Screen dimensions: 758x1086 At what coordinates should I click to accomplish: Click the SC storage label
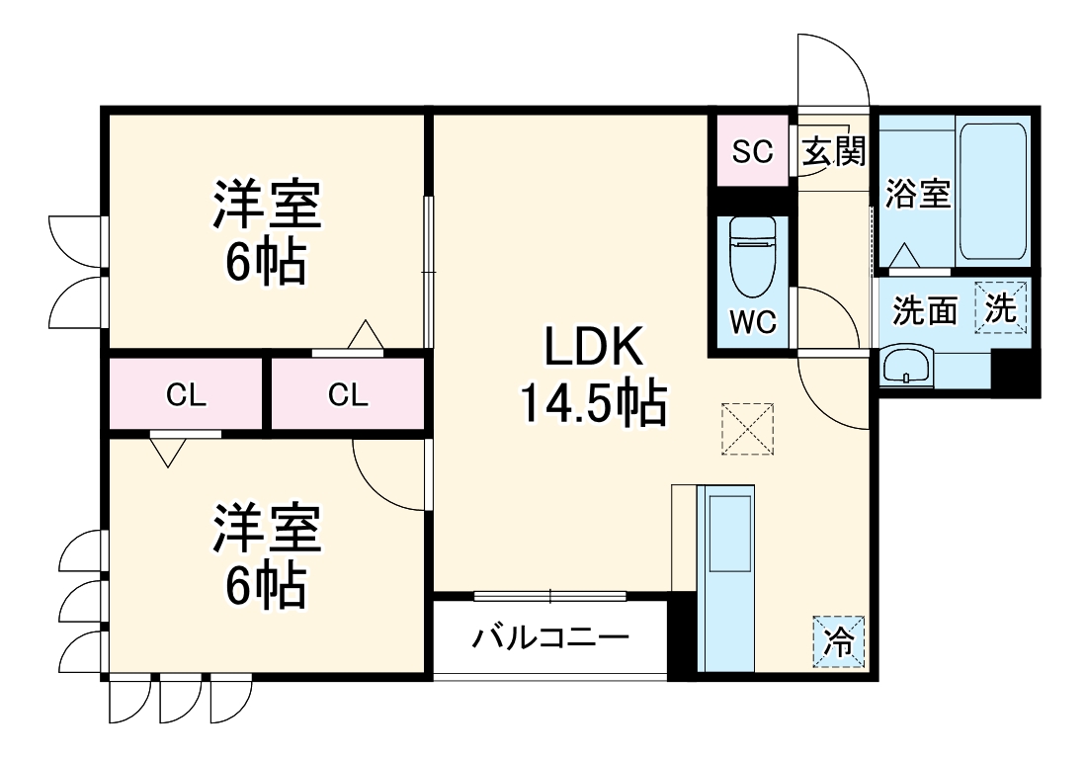tap(752, 151)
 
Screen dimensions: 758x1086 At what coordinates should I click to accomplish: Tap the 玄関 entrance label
tap(833, 151)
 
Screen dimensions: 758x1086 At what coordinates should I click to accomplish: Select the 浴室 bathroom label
tap(918, 194)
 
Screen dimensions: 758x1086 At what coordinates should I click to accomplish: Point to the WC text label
tap(753, 321)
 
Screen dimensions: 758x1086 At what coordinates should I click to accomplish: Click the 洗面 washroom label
tap(925, 310)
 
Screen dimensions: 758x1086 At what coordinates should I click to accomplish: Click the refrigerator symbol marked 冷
tap(838, 642)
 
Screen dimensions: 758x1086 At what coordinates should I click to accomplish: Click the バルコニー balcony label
tap(549, 635)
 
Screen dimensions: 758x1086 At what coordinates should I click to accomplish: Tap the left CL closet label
tap(186, 395)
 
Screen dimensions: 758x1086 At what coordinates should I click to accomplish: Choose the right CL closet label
tap(348, 395)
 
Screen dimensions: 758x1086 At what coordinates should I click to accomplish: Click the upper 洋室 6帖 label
tap(266, 231)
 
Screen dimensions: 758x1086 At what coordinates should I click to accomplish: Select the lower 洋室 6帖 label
tap(266, 555)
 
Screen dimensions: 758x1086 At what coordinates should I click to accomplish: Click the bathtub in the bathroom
tap(994, 191)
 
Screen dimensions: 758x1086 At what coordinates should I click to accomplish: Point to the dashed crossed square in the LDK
tap(748, 429)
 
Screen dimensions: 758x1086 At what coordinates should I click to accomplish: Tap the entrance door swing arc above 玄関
tap(835, 69)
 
